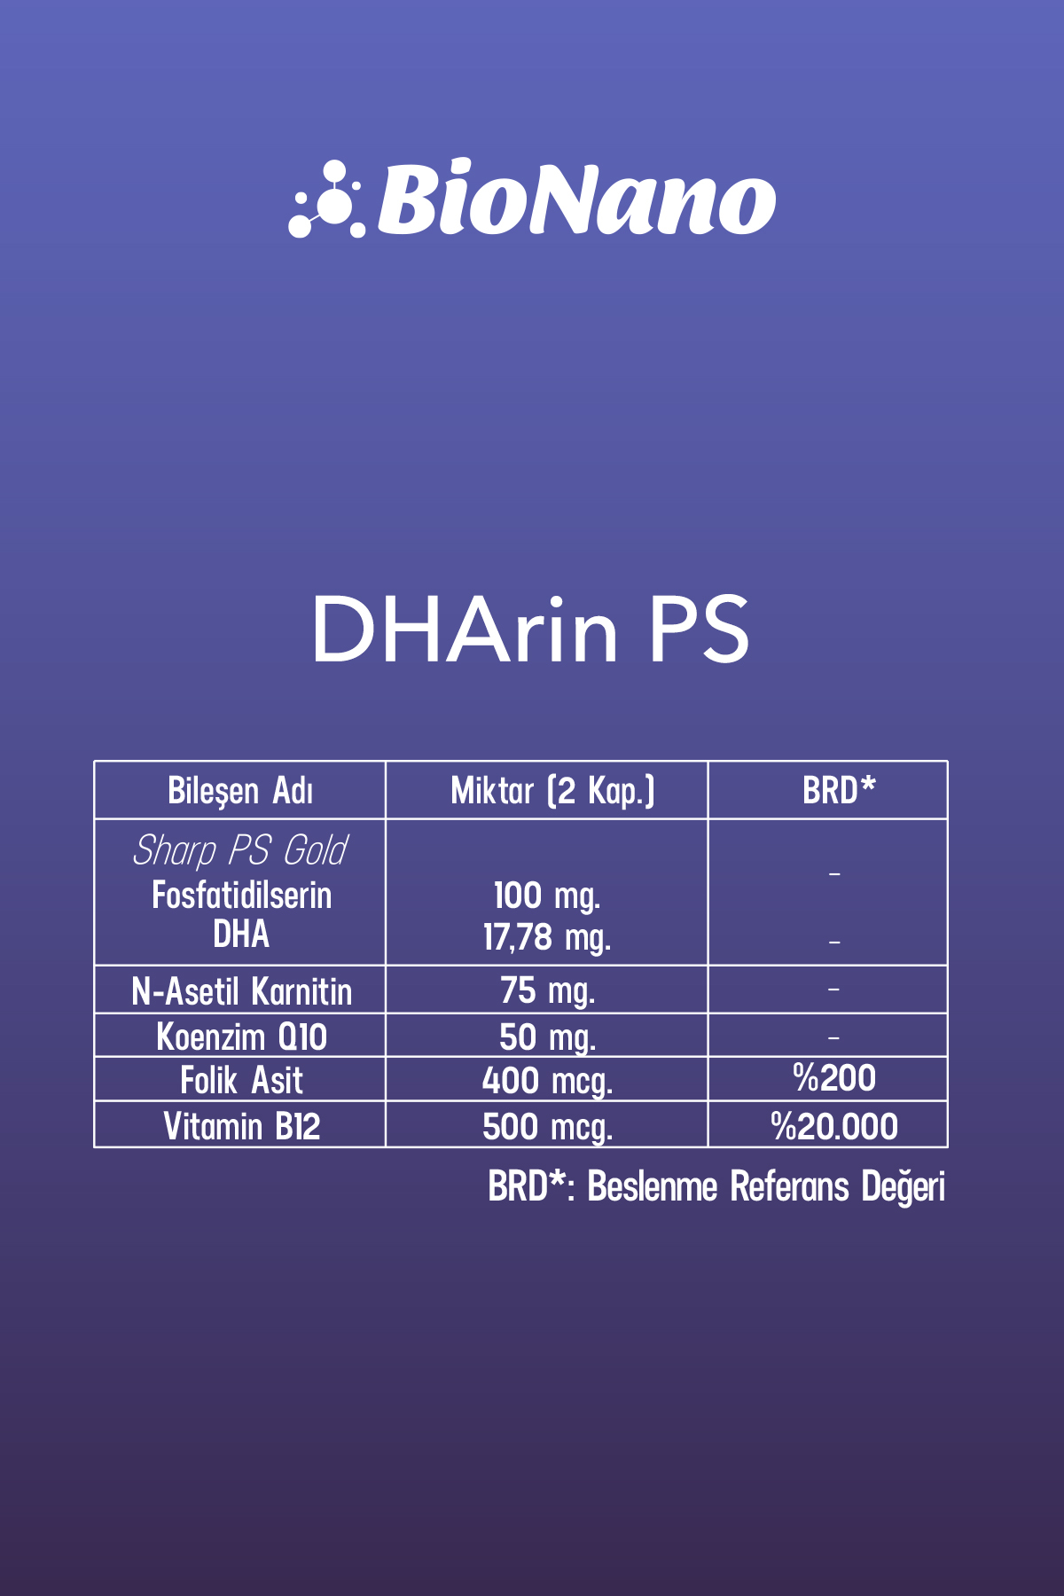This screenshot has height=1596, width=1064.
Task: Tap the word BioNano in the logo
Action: pos(577,199)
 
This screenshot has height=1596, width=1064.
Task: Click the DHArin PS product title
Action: pos(531,629)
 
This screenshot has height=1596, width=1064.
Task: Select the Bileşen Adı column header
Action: pos(240,791)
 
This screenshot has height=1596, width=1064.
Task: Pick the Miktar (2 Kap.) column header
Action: pos(552,791)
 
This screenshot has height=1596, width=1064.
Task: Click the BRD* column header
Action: pos(839,789)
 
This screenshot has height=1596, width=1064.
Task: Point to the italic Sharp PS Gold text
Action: pos(240,851)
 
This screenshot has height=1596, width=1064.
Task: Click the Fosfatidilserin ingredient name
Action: pos(241,895)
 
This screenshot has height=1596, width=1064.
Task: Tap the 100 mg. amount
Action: pos(547,896)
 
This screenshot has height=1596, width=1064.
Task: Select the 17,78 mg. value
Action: pos(547,938)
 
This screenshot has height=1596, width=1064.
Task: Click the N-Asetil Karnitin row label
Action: pos(241,991)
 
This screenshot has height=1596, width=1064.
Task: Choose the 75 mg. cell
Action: pos(547,991)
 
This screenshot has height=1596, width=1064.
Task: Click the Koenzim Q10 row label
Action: pos(241,1037)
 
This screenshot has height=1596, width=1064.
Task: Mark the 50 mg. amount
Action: pos(547,1037)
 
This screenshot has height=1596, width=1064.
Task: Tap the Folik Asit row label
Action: pos(241,1080)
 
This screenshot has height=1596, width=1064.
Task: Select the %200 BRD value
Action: pos(834,1078)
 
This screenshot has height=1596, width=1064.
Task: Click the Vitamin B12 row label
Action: pos(241,1126)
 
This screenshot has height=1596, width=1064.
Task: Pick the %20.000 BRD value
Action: pos(834,1126)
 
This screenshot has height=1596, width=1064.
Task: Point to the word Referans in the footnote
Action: pos(789,1186)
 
